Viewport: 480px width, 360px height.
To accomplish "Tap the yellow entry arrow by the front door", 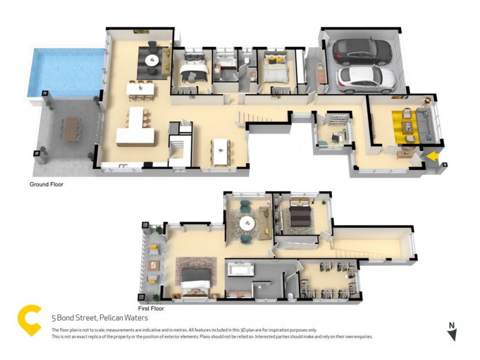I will point(433,157).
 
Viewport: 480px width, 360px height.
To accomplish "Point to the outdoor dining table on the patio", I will point(71,128).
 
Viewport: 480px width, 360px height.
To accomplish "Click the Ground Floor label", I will point(46,185).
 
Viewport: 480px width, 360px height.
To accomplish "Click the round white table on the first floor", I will point(247,223).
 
